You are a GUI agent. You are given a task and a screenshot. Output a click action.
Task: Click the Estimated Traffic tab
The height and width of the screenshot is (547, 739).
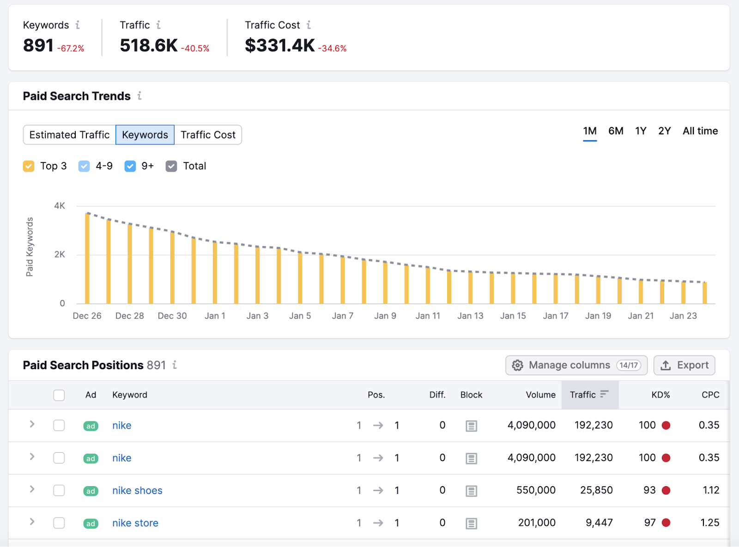click(x=69, y=135)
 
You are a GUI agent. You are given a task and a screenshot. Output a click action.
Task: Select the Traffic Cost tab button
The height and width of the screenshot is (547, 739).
click(x=208, y=135)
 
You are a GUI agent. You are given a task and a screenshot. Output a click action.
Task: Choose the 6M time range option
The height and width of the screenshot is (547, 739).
click(x=615, y=131)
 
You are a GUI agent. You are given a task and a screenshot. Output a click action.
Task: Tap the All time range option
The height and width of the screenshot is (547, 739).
click(x=700, y=131)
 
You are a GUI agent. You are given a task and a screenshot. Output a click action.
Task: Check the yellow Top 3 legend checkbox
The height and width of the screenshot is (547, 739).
click(x=29, y=166)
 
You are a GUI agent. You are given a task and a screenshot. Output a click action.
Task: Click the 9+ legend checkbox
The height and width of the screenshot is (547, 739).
click(x=130, y=166)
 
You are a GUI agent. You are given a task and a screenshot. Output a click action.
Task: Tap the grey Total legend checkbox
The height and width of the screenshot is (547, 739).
click(x=171, y=166)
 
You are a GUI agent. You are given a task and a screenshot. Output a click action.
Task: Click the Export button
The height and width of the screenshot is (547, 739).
click(x=684, y=365)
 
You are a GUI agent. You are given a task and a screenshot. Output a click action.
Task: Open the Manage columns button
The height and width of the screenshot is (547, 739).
click(x=576, y=365)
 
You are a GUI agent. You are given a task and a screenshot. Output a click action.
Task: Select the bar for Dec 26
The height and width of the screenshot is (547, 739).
click(x=87, y=258)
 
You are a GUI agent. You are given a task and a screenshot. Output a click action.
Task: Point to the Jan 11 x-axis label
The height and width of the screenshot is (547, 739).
click(x=428, y=316)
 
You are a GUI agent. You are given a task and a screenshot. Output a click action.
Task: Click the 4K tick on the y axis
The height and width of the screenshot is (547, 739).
click(x=60, y=206)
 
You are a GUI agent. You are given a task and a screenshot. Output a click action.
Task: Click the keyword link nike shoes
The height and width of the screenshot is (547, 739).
click(x=137, y=490)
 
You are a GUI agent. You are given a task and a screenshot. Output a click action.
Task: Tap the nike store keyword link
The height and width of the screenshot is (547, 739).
click(x=135, y=523)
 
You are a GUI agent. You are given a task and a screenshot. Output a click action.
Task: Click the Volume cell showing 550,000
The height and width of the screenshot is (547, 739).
click(x=536, y=490)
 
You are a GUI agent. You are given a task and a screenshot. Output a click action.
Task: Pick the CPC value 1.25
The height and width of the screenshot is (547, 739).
click(x=709, y=523)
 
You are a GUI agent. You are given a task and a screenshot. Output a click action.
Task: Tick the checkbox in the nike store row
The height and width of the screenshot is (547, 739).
click(x=59, y=523)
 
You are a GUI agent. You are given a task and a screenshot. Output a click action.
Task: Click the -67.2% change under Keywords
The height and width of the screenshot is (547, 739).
click(x=71, y=48)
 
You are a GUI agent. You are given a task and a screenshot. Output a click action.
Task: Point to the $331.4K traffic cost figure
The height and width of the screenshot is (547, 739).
click(x=279, y=45)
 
